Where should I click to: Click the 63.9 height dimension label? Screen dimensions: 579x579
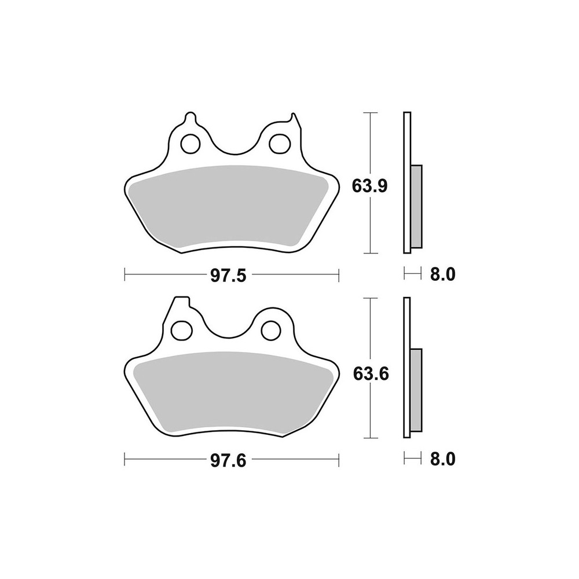tap(369, 186)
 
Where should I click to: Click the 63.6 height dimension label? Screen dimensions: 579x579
tap(371, 375)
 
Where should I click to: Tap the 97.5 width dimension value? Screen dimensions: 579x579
tap(228, 276)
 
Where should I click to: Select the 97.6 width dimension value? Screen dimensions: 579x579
tap(228, 460)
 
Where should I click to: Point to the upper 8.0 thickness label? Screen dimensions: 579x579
tap(443, 274)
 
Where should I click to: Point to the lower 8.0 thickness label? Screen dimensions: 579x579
tap(443, 459)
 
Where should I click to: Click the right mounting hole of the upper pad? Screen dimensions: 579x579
tap(279, 144)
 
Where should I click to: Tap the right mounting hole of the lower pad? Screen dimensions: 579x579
tap(271, 330)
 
